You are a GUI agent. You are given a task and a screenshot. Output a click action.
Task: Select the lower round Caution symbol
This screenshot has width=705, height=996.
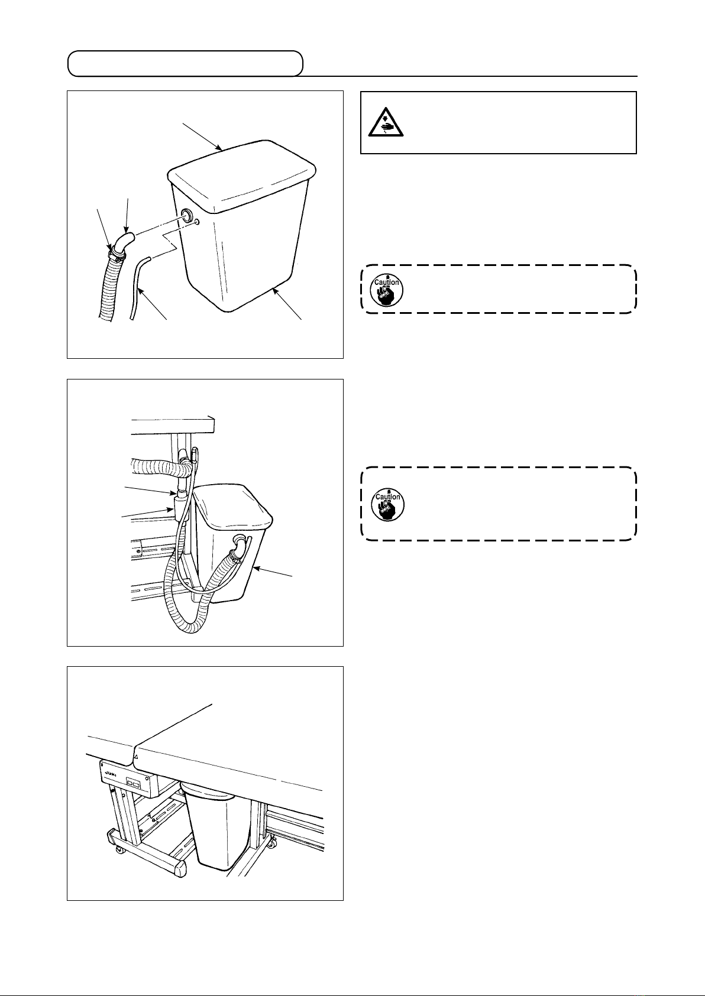coord(386,503)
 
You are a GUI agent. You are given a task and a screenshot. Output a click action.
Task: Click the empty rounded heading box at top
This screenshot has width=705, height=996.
coord(185,64)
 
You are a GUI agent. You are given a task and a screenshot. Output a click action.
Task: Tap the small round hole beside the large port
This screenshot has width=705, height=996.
coord(197,222)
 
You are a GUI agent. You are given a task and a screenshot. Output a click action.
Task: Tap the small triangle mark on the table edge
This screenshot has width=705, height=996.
coord(136,756)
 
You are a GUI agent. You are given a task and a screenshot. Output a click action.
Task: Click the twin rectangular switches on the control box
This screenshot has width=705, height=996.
coord(134,784)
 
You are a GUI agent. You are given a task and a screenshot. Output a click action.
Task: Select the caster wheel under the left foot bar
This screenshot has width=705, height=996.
coord(120,850)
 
